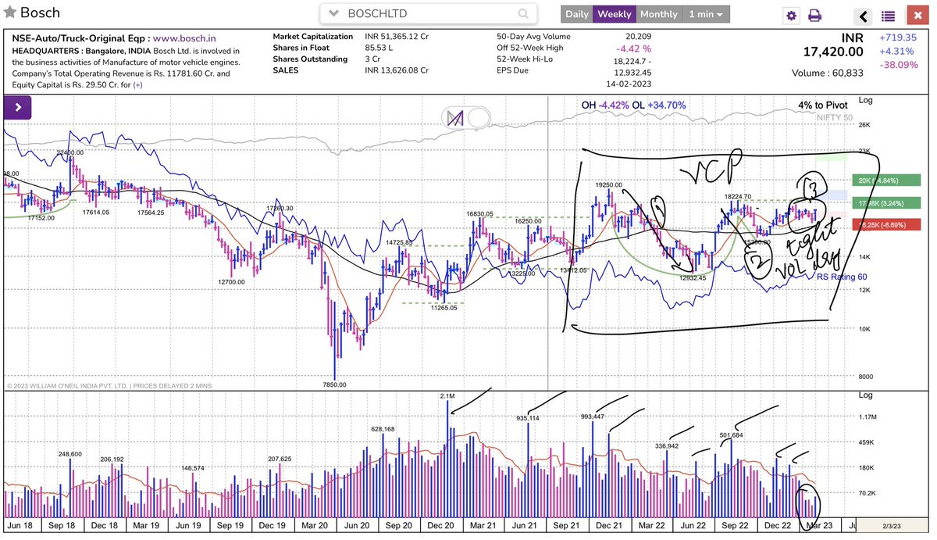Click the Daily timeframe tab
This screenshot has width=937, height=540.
click(x=577, y=14)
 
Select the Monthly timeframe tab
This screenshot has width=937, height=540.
click(x=658, y=14)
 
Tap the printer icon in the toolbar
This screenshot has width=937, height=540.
click(x=814, y=16)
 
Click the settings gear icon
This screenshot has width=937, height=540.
click(x=792, y=16)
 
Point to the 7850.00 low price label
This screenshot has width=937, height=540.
click(x=336, y=384)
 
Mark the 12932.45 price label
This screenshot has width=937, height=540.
click(x=692, y=277)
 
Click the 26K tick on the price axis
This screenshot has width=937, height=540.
click(x=865, y=125)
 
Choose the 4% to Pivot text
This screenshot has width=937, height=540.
click(x=822, y=105)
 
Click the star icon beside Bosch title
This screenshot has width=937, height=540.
click(x=9, y=13)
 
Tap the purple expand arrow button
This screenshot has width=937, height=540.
click(x=16, y=106)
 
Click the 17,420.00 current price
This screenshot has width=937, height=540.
click(x=833, y=52)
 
